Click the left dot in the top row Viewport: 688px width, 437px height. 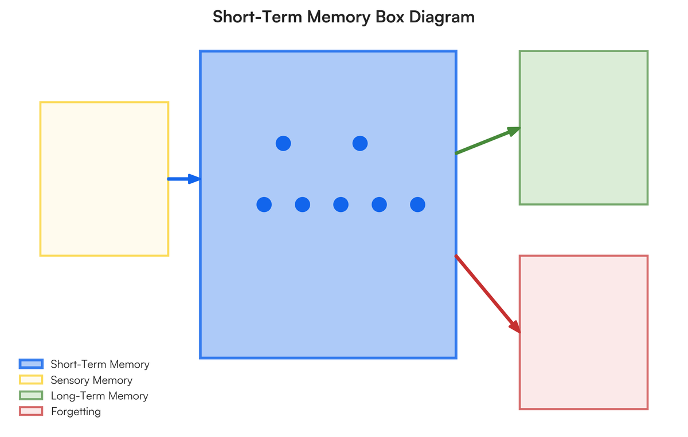pyautogui.click(x=283, y=143)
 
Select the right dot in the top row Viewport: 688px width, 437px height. pyautogui.click(x=360, y=143)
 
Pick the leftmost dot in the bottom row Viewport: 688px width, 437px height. pyautogui.click(x=264, y=204)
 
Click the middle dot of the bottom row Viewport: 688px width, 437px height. pyautogui.click(x=341, y=204)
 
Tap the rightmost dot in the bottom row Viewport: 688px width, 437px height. pyautogui.click(x=417, y=204)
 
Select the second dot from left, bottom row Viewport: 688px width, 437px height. pyautogui.click(x=302, y=204)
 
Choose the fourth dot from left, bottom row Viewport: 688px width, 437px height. pyautogui.click(x=379, y=204)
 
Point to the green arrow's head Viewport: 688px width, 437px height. pyautogui.click(x=514, y=131)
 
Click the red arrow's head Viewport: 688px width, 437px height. pyautogui.click(x=515, y=326)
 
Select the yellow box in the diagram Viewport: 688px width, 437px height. pyautogui.click(x=104, y=179)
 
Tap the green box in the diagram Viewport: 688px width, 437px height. pyautogui.click(x=584, y=127)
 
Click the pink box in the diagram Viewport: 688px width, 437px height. pyautogui.click(x=584, y=332)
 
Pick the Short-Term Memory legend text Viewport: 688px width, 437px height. pyautogui.click(x=100, y=364)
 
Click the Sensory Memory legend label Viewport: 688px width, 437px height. pyautogui.click(x=91, y=380)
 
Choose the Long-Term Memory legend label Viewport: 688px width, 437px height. pyautogui.click(x=99, y=396)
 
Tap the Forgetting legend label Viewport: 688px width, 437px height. pyautogui.click(x=76, y=412)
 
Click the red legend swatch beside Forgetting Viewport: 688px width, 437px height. pyautogui.click(x=31, y=411)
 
